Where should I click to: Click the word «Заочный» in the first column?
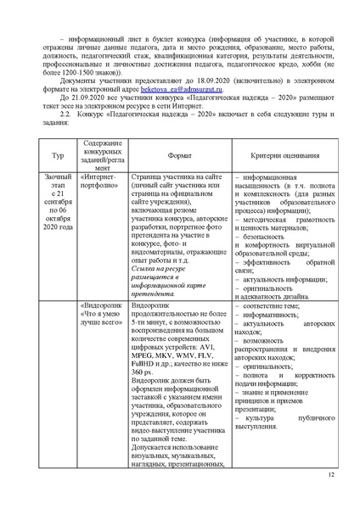57,199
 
